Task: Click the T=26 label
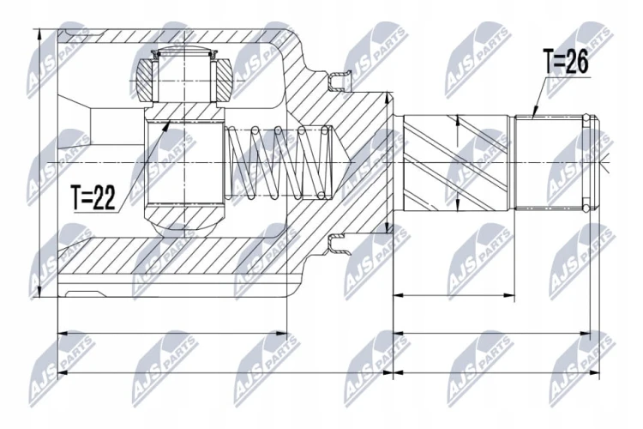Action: point(565,62)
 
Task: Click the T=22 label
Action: point(93,197)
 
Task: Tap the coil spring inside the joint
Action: point(279,163)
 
